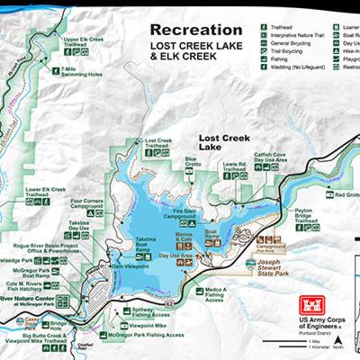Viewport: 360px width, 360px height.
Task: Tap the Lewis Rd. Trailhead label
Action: click(x=235, y=167)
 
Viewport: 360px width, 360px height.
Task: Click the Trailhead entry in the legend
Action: click(x=284, y=28)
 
